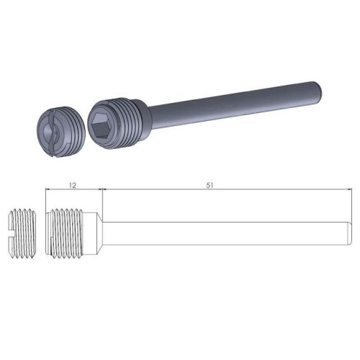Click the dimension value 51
[x=210, y=185]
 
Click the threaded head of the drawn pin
[x=71, y=233]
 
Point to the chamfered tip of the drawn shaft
[x=349, y=233]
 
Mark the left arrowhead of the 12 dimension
[x=48, y=190]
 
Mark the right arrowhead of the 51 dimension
[x=348, y=190]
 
